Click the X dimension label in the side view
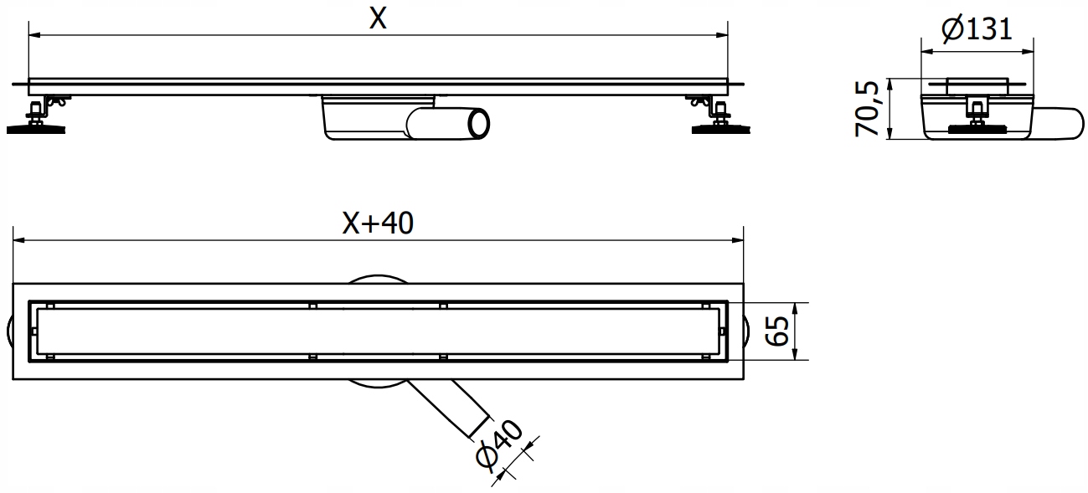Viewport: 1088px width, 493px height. pos(379,19)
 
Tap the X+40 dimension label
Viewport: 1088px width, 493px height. pos(378,223)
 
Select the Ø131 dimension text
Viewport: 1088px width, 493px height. pos(977,31)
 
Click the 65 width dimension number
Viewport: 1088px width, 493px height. pos(778,331)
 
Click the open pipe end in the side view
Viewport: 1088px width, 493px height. pos(479,123)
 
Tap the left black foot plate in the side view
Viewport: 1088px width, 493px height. pos(36,129)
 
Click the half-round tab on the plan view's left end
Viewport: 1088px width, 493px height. pos(9,331)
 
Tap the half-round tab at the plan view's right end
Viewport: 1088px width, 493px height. pos(748,331)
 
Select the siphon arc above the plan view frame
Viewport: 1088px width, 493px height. pos(378,279)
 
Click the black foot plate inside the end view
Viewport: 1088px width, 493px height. pos(976,129)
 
